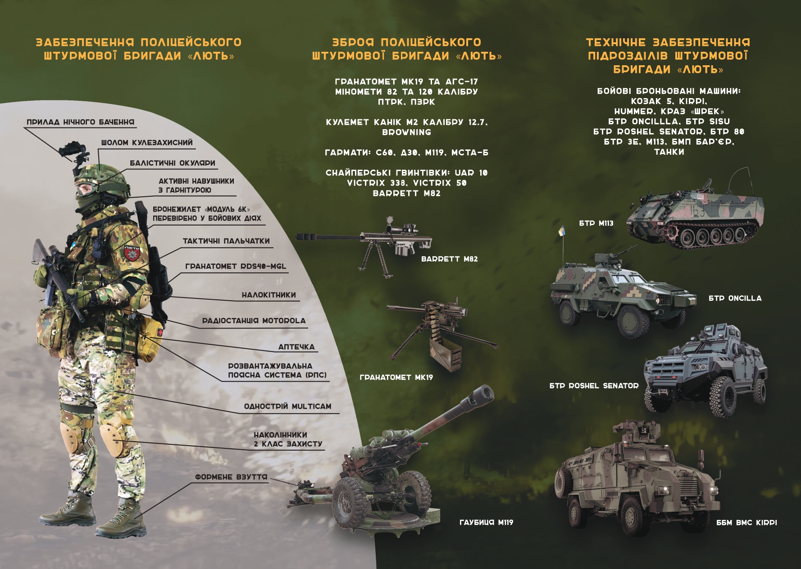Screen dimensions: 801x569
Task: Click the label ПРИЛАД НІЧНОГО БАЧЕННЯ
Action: click(x=80, y=122)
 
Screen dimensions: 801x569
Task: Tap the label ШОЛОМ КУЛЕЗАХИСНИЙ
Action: click(x=147, y=143)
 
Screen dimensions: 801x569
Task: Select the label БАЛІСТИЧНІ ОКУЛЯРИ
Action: click(x=173, y=163)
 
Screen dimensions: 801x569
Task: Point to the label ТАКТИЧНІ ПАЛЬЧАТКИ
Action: click(x=226, y=241)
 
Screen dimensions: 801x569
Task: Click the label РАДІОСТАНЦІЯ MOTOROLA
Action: click(x=254, y=321)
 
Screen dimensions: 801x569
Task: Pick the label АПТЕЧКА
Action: click(x=296, y=347)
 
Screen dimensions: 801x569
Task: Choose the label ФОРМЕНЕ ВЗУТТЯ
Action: click(x=231, y=477)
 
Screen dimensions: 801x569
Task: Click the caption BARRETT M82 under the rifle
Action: click(x=449, y=259)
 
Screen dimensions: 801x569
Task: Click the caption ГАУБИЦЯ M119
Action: click(x=486, y=523)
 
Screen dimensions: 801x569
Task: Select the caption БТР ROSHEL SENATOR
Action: click(x=594, y=386)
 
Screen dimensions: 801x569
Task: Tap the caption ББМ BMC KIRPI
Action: click(x=746, y=523)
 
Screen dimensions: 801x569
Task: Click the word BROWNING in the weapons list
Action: click(x=407, y=132)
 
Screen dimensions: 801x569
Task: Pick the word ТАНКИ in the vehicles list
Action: click(x=669, y=152)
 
